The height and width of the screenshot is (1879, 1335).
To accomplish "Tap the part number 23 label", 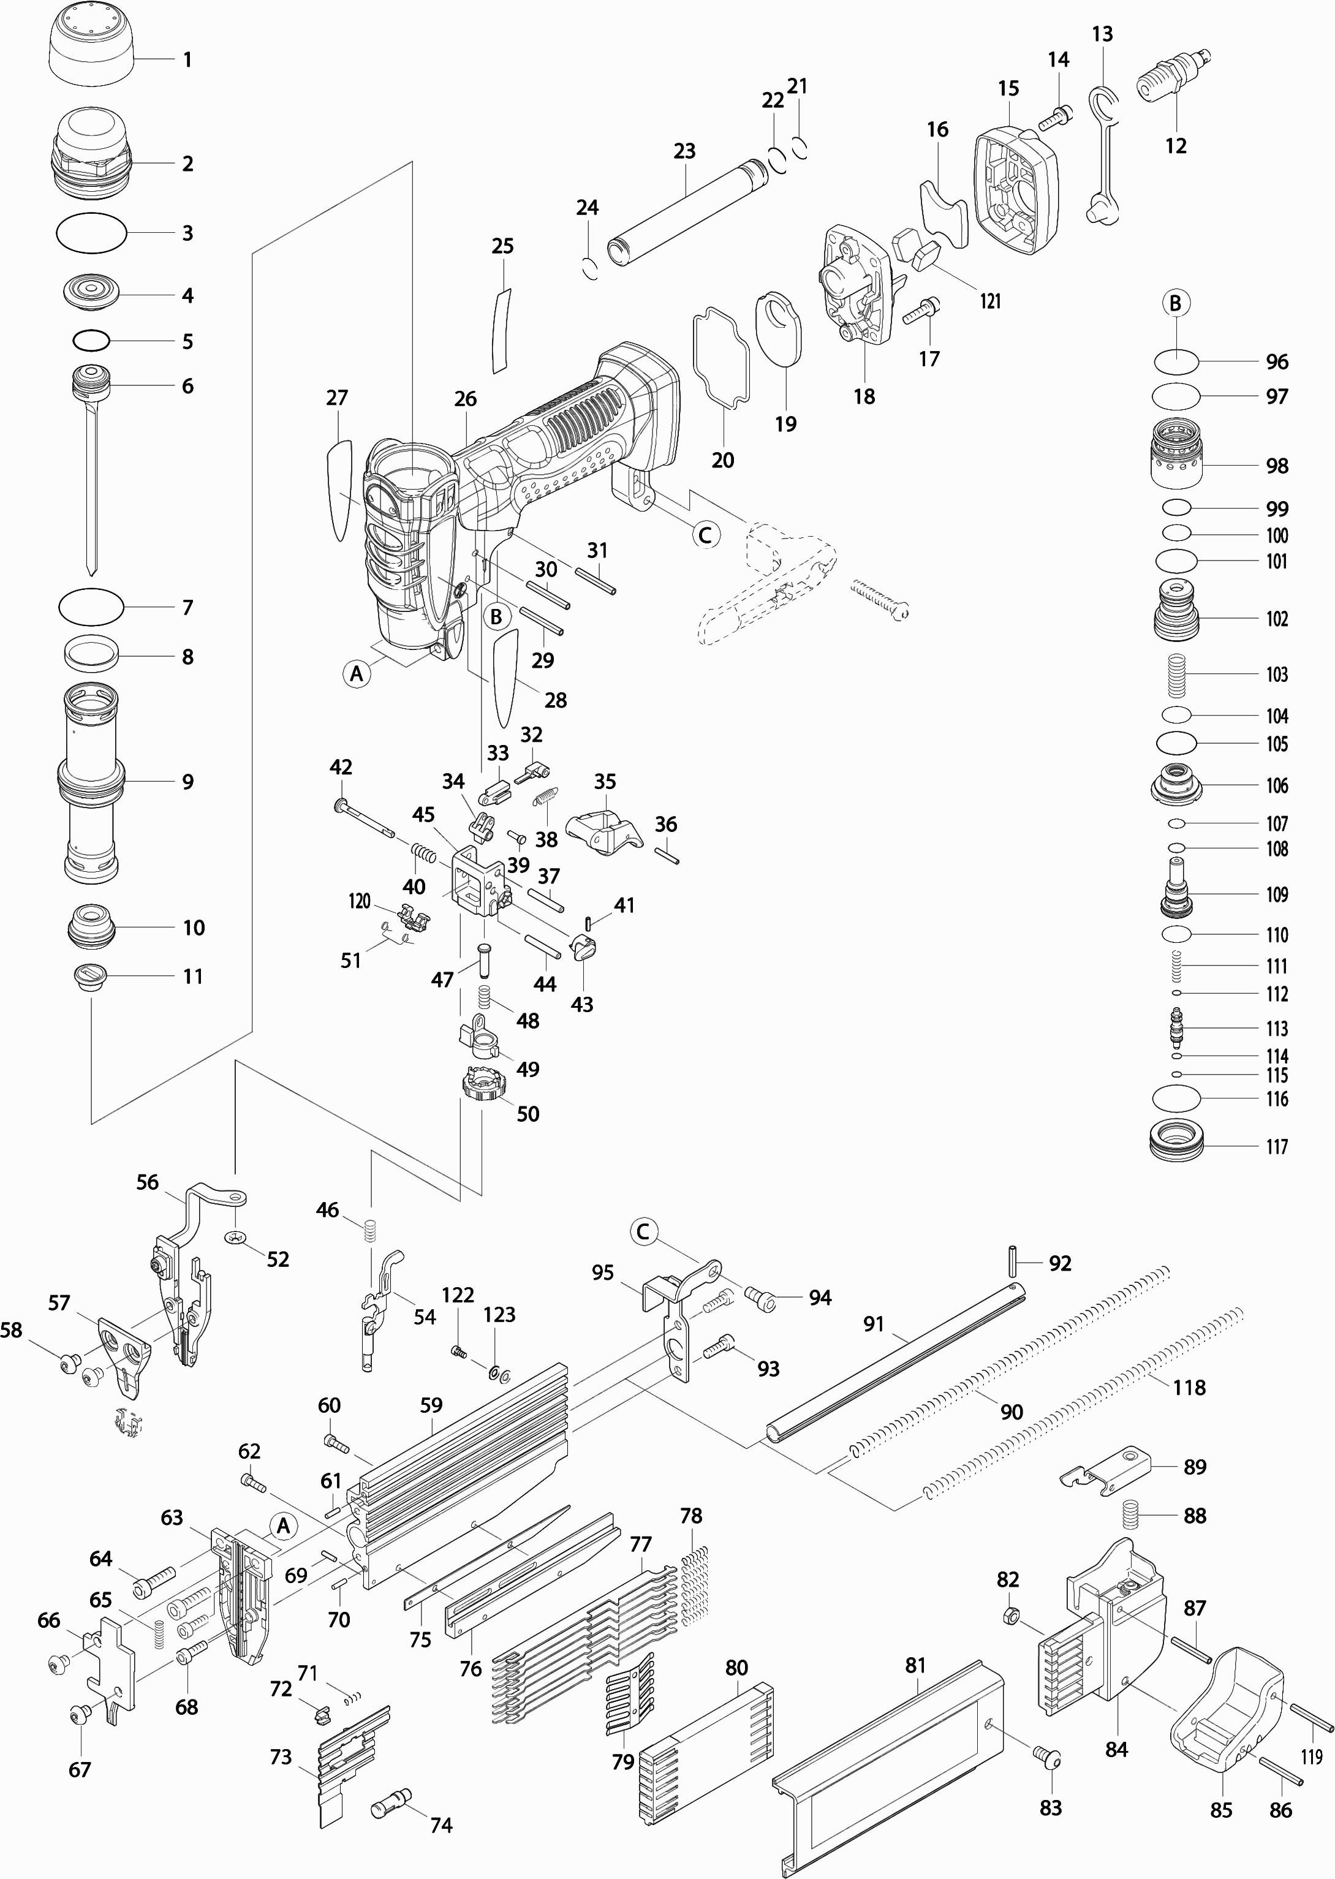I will click(684, 151).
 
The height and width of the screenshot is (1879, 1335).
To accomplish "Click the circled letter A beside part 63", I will click(284, 1526).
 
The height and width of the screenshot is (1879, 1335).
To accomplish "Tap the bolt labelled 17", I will click(922, 311).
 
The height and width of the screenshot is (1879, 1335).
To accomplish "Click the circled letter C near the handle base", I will click(705, 535).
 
